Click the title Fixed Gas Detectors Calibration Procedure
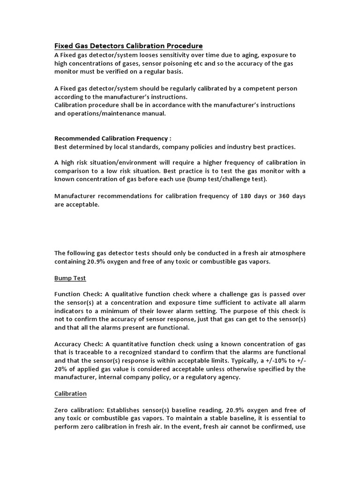click(128, 46)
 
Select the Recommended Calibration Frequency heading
click(113, 138)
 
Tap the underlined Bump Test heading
click(70, 278)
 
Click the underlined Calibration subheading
click(71, 393)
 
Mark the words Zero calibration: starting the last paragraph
click(81, 410)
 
